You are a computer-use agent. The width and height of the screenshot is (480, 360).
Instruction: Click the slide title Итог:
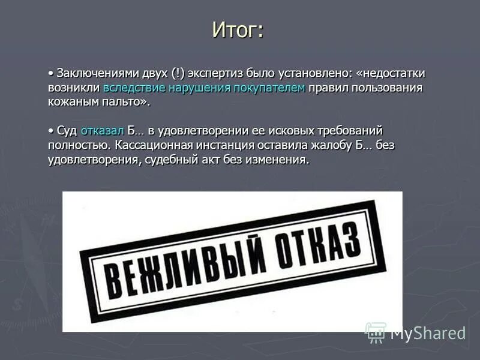[x=238, y=29]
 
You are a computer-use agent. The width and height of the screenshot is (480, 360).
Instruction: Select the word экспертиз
[x=215, y=73]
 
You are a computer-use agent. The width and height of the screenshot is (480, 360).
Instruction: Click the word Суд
[x=67, y=131]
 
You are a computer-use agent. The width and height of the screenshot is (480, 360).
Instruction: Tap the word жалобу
[x=336, y=145]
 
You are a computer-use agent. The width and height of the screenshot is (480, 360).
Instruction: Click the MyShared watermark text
[x=428, y=334]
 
